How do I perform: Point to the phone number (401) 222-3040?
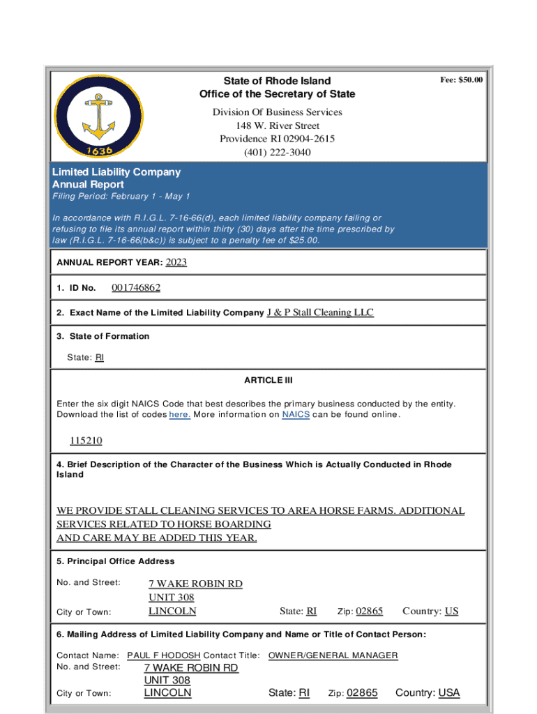tap(277, 152)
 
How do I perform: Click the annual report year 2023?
tap(176, 262)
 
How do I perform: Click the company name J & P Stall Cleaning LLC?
tap(320, 312)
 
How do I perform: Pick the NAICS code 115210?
tap(86, 441)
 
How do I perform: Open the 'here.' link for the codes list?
tap(180, 415)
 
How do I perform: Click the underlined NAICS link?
tap(296, 415)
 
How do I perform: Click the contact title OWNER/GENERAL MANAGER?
tap(333, 655)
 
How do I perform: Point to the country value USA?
tap(448, 692)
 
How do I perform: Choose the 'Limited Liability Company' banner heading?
tap(116, 172)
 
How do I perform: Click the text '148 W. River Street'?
tap(277, 126)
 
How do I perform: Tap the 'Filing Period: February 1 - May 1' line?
tap(121, 197)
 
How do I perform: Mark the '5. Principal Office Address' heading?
tap(116, 561)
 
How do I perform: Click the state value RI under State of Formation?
tap(99, 358)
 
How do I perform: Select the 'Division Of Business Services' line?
tap(277, 112)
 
